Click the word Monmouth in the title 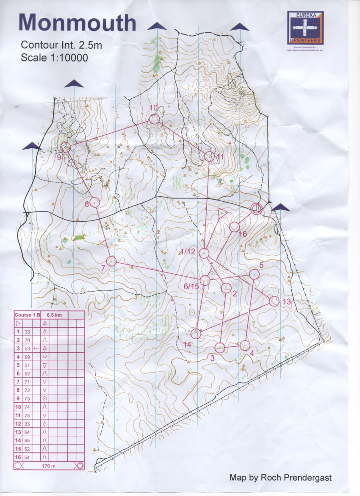78,23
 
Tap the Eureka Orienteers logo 305,28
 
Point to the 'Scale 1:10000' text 54,57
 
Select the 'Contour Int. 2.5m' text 61,45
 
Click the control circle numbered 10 155,120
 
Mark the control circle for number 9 66,148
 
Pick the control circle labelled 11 209,156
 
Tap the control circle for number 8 95,203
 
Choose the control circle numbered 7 111,261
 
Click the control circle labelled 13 274,301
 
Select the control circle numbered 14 196,334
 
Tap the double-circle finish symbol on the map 257,209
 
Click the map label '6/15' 191,286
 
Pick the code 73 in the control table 27,398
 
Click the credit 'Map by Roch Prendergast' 280,478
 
